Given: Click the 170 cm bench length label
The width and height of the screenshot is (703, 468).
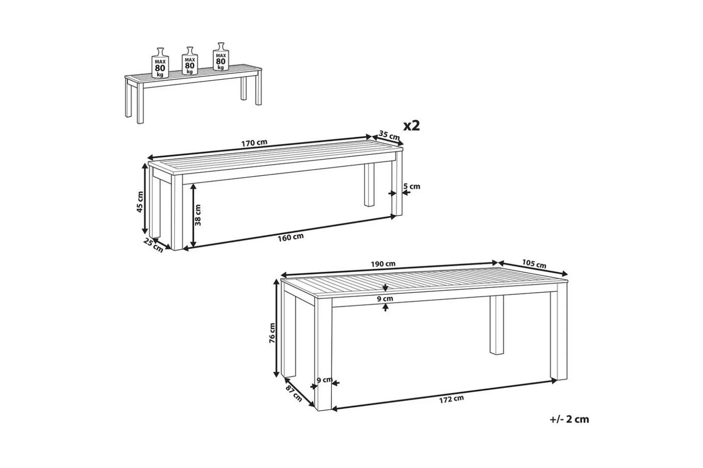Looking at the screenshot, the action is pos(254,143).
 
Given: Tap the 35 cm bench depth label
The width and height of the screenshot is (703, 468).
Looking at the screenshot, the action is pos(389,135).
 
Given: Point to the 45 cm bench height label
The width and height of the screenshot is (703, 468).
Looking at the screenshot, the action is pos(140,202).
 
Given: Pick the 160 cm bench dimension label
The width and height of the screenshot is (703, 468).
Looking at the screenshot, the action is pos(291,237).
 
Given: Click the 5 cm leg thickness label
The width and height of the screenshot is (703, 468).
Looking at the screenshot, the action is pos(412,186).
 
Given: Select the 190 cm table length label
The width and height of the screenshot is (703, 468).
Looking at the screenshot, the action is pos(383,264).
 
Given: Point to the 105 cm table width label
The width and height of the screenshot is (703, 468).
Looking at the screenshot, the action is pos(534,263).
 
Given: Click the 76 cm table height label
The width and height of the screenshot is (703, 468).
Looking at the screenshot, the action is pos(272,333).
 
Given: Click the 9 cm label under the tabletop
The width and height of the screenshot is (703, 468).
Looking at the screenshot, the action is pos(385,299).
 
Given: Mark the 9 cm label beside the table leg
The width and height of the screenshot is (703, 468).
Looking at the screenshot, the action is pos(324,380).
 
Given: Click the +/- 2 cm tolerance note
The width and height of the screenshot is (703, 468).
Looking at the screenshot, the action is pos(569,419).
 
